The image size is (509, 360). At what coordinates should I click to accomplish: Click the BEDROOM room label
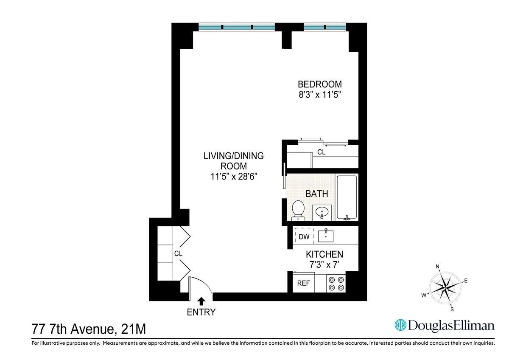tap(320, 84)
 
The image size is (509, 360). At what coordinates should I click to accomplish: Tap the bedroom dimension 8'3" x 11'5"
tap(320, 95)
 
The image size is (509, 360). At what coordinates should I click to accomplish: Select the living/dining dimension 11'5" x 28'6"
tap(233, 177)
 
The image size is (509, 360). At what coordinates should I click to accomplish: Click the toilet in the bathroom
tap(298, 210)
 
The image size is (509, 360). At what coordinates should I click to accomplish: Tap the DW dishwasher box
tap(304, 236)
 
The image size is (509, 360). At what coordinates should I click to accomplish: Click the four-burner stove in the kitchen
tap(336, 284)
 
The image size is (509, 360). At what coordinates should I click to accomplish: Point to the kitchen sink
tap(325, 236)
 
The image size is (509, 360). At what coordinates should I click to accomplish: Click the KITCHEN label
tap(324, 255)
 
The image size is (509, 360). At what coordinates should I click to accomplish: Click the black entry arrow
tap(201, 301)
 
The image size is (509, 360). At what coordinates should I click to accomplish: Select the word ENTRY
tap(201, 312)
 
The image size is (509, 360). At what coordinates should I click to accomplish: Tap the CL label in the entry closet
tap(178, 253)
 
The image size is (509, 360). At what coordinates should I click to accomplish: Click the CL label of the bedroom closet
tap(322, 152)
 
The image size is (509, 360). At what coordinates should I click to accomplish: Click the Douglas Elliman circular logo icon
tap(400, 325)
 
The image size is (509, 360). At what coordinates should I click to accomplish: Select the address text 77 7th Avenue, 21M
tap(89, 329)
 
